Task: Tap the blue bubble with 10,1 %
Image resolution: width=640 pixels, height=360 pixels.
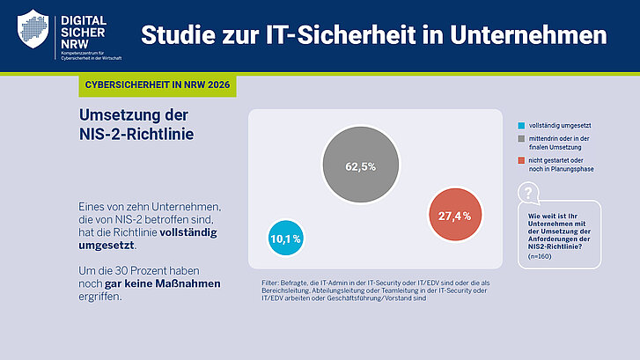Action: click(285, 238)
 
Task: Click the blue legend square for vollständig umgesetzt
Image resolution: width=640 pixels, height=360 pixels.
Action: click(522, 125)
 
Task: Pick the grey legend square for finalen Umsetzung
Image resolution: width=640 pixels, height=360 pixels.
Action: click(522, 140)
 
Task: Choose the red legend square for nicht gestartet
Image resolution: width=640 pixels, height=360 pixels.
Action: click(522, 161)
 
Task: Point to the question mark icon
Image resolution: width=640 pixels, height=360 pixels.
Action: click(526, 194)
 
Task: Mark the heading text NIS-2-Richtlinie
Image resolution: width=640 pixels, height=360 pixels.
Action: click(136, 134)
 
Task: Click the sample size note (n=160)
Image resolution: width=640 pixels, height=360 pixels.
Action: click(541, 256)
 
